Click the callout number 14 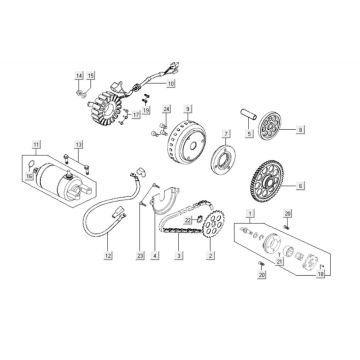click(78, 76)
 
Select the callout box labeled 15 click(89, 76)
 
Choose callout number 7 click(227, 132)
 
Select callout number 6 click(302, 184)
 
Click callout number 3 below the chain click(179, 257)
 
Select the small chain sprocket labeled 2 click(208, 226)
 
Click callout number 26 click(288, 214)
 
